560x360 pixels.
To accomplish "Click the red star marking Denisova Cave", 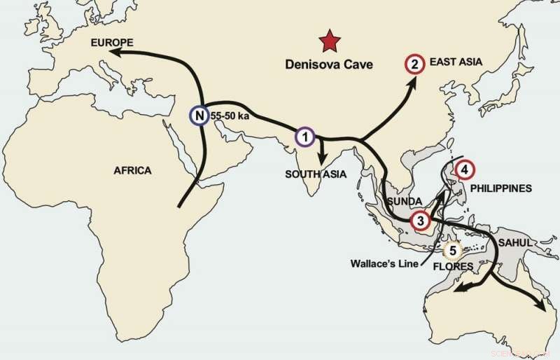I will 327,43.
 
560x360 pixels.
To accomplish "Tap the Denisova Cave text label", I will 329,64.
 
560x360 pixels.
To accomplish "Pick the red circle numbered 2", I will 414,65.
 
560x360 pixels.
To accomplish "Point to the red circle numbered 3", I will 419,221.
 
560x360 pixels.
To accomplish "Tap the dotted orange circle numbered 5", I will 453,249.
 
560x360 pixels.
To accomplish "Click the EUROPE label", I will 114,44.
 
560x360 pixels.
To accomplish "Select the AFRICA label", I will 132,170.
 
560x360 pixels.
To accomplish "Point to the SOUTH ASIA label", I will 316,174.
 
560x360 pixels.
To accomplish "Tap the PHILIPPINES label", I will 500,188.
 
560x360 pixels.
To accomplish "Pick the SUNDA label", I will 402,201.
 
